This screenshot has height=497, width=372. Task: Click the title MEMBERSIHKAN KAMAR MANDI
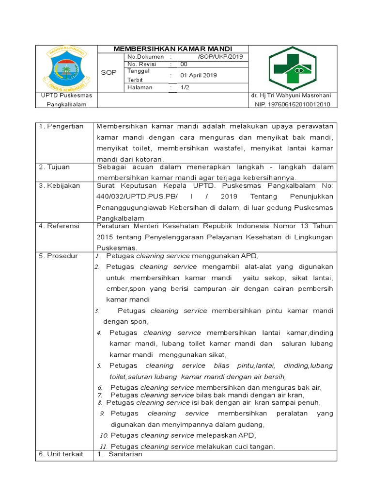pyautogui.click(x=172, y=49)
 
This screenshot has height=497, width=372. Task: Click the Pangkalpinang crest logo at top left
pyautogui.click(x=67, y=68)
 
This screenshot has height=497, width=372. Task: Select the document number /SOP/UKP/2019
pyautogui.click(x=220, y=57)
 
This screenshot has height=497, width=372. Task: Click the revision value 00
pyautogui.click(x=184, y=64)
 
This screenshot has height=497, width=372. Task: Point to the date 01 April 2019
pyautogui.click(x=199, y=75)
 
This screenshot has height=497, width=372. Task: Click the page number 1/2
pyautogui.click(x=185, y=87)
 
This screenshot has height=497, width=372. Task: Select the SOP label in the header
pyautogui.click(x=109, y=72)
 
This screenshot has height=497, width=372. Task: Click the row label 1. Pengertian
pyautogui.click(x=62, y=126)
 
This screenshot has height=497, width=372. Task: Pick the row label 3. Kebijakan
pyautogui.click(x=60, y=186)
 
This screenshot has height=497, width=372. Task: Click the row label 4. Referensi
pyautogui.click(x=60, y=226)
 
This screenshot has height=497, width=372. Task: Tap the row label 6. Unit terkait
pyautogui.click(x=61, y=454)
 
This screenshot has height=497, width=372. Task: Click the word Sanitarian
pyautogui.click(x=125, y=454)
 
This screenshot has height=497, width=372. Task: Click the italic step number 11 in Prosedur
pyautogui.click(x=103, y=447)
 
